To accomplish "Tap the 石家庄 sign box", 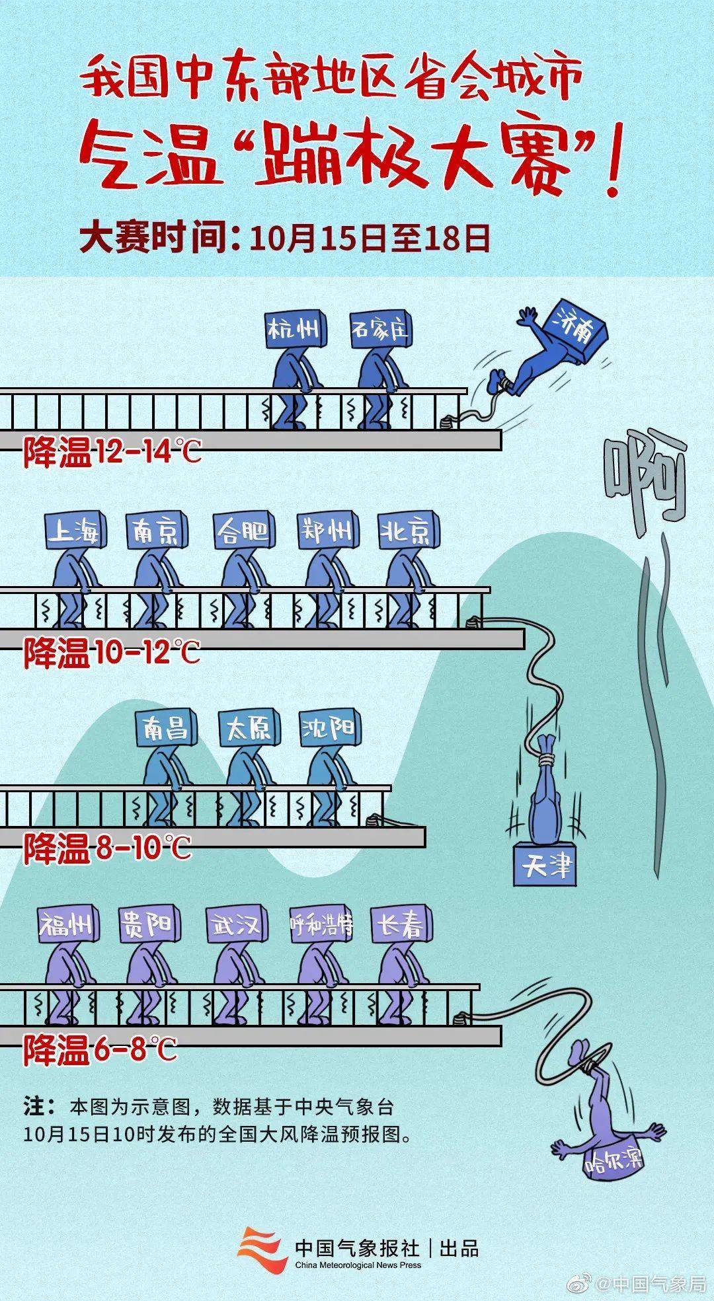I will click(x=381, y=329).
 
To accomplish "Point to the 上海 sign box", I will click(x=74, y=531).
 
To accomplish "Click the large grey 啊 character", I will click(x=645, y=476).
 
